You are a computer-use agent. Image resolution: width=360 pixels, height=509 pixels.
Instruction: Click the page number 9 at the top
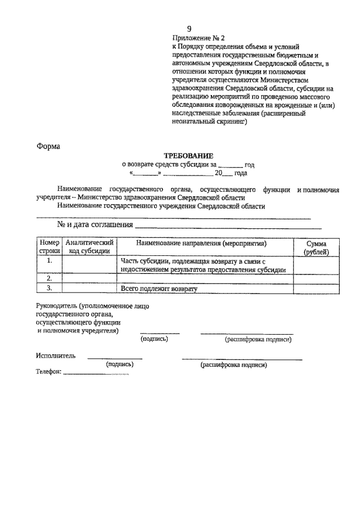[190, 29]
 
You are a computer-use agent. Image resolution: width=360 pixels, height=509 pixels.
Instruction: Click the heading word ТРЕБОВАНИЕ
[188, 155]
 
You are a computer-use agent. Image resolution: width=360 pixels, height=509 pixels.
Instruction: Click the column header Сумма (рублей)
[316, 247]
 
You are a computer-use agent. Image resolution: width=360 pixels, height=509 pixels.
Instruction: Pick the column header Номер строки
[49, 247]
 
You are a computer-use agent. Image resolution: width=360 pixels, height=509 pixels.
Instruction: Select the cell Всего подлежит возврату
[159, 289]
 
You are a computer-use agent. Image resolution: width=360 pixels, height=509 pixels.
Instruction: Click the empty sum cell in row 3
[316, 289]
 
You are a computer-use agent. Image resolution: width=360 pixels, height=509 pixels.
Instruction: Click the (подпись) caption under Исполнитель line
[120, 364]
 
